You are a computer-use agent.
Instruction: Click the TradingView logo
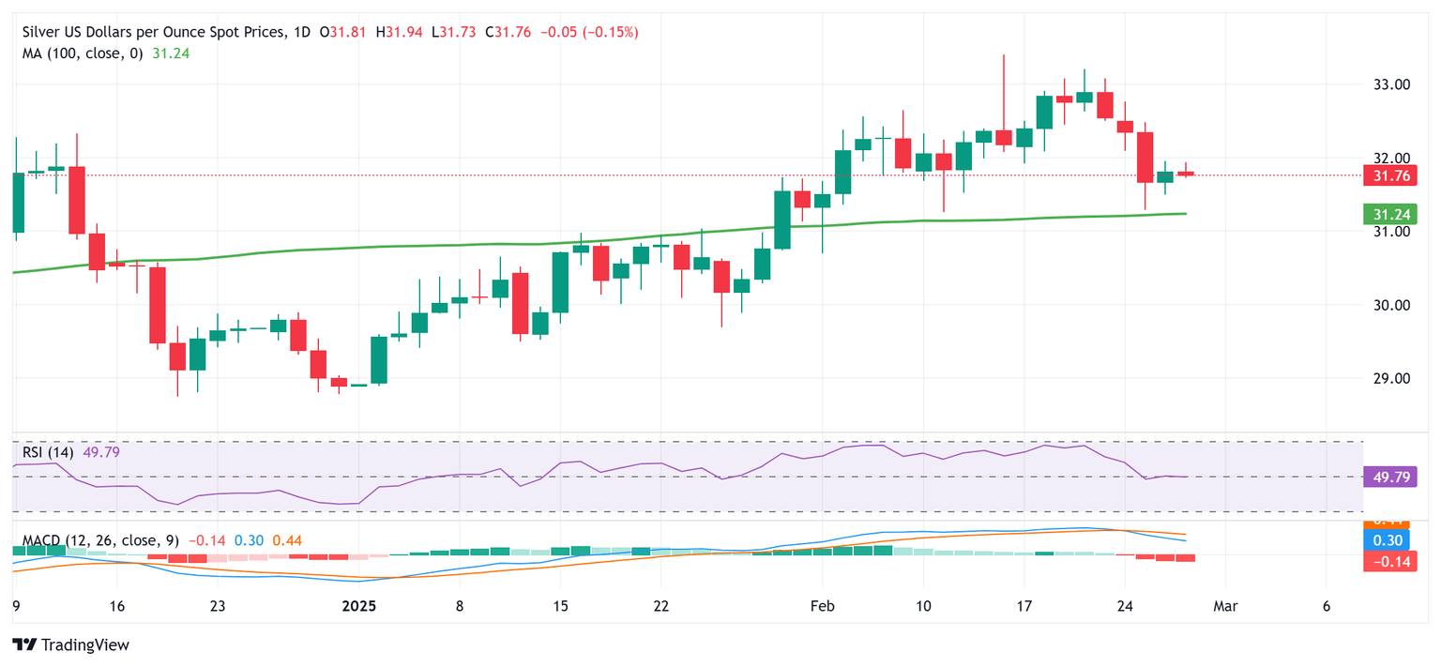click(71, 645)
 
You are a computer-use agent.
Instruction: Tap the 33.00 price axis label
click(1392, 84)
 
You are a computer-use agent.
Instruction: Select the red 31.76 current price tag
click(1392, 175)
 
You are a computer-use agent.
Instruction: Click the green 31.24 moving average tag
click(1392, 215)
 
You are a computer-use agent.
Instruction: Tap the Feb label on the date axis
click(821, 606)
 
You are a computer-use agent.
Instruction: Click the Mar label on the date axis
click(1225, 606)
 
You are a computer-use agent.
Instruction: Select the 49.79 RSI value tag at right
click(1392, 478)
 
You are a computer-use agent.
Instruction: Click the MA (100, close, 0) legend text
click(83, 53)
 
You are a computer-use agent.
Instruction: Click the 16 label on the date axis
click(115, 606)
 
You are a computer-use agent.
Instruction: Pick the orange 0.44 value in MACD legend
click(287, 541)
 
